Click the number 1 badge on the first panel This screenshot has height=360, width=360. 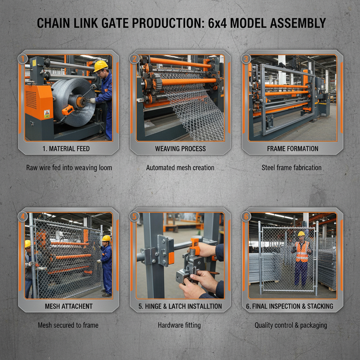(22, 59)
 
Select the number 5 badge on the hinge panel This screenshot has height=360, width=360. (134, 216)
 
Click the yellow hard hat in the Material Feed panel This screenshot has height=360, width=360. (100, 65)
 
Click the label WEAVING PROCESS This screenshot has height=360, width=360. (180, 149)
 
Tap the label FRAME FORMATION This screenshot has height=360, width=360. (292, 149)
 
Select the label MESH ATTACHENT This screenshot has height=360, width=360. (68, 306)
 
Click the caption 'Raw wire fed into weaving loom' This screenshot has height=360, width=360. (69, 168)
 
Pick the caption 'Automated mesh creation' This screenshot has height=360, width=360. (180, 168)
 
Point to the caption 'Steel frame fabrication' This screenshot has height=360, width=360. (291, 168)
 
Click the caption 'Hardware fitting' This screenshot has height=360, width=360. (179, 325)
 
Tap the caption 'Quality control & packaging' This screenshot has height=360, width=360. (291, 325)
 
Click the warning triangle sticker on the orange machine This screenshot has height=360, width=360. (47, 114)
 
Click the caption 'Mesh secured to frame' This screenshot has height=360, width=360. (68, 325)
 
